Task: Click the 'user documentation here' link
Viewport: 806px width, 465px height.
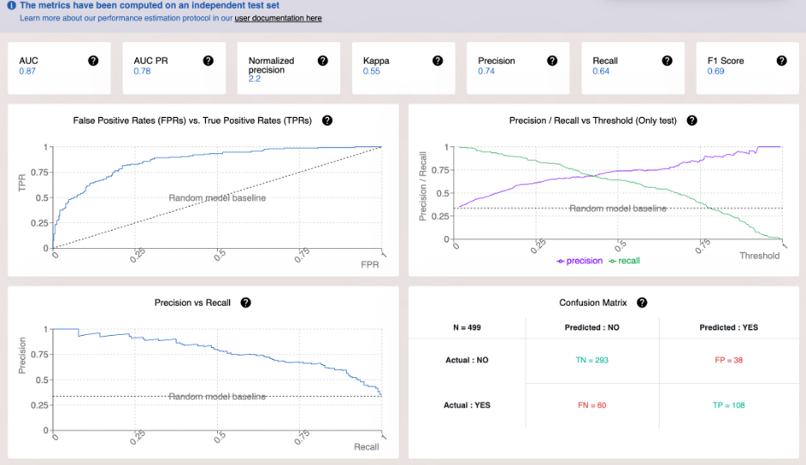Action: tap(278, 18)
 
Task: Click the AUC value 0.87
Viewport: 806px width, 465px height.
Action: tap(28, 71)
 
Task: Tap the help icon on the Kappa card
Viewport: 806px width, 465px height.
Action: tap(437, 60)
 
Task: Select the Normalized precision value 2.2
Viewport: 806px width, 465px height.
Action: tap(255, 78)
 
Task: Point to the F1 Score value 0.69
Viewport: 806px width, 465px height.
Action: tap(716, 71)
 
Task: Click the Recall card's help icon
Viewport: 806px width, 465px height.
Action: tap(666, 60)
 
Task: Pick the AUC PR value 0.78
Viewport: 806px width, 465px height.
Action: tap(142, 71)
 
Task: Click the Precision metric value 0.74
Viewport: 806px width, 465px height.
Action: tap(487, 71)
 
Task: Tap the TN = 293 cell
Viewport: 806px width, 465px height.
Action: tap(592, 360)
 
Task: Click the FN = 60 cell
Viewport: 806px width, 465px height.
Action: tap(592, 405)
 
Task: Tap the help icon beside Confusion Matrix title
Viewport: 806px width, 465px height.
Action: tap(641, 303)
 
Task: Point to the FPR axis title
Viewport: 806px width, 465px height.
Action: tap(369, 264)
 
